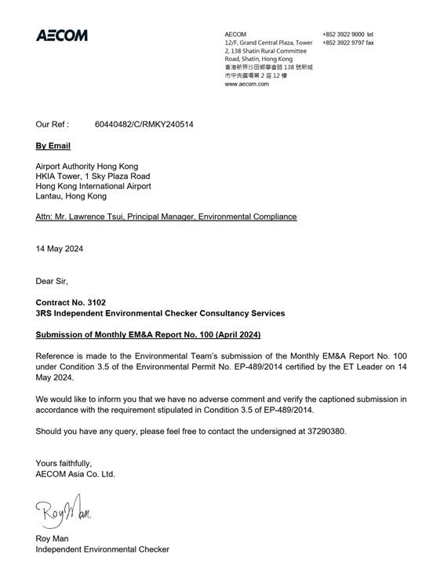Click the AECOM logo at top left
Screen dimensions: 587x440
pyautogui.click(x=62, y=35)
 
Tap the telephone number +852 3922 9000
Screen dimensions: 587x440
pyautogui.click(x=342, y=35)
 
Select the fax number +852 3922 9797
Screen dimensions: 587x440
pyautogui.click(x=342, y=43)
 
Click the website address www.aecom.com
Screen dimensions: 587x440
pyautogui.click(x=246, y=84)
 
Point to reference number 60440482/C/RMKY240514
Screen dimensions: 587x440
pyautogui.click(x=144, y=124)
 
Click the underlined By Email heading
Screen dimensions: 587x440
pyautogui.click(x=53, y=146)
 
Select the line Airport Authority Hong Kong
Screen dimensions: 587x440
pyautogui.click(x=87, y=166)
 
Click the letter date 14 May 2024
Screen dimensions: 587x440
pyautogui.click(x=60, y=249)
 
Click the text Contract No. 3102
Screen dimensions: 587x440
pyautogui.click(x=71, y=302)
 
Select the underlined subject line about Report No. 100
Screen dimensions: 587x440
pyautogui.click(x=148, y=335)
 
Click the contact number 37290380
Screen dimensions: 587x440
pyautogui.click(x=323, y=431)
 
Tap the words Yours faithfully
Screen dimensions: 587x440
pyautogui.click(x=64, y=463)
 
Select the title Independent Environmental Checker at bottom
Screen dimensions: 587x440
pyautogui.click(x=102, y=549)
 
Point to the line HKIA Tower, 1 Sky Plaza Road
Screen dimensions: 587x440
pyautogui.click(x=93, y=177)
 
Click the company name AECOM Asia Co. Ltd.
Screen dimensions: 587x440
pyautogui.click(x=75, y=474)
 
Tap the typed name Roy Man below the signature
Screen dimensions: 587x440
pyautogui.click(x=55, y=538)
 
